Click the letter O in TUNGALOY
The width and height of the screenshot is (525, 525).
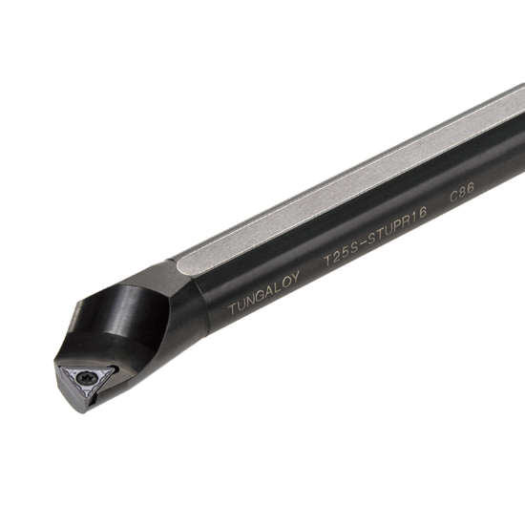(288, 281)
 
